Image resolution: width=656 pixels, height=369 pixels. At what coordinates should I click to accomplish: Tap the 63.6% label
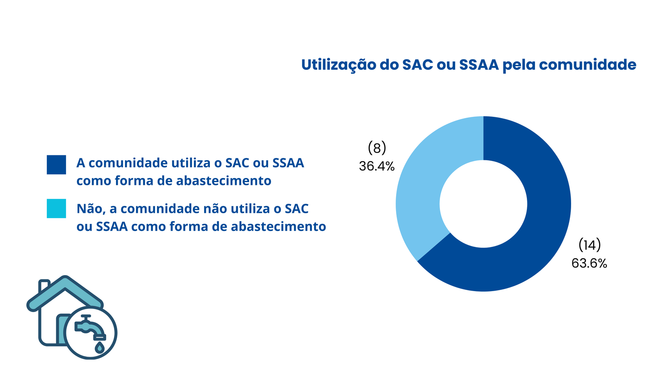coord(589,263)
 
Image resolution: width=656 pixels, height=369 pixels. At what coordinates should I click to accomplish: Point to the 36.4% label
coord(377,166)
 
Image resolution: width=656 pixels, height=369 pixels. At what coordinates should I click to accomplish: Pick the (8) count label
coord(377,148)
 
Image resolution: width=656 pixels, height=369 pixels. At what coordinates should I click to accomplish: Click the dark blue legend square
coord(56,164)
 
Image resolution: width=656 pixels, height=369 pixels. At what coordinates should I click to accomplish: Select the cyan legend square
coord(56,209)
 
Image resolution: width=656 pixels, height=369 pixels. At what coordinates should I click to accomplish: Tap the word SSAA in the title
coord(479,65)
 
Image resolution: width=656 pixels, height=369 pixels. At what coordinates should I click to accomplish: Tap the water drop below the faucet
coord(100,348)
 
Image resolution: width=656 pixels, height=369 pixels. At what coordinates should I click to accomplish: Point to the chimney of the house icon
coord(44,285)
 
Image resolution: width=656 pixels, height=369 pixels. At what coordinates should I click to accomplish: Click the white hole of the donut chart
coord(483,204)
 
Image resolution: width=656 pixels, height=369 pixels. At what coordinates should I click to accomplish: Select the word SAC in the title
coord(417,65)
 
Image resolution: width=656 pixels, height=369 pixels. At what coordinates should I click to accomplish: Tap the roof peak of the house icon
coord(65,279)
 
